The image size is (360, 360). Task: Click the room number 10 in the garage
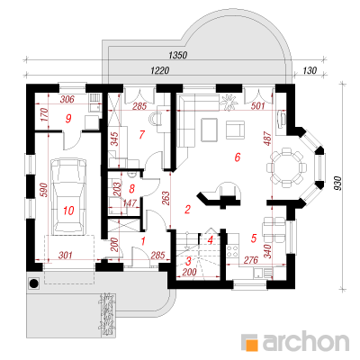pos(68,211)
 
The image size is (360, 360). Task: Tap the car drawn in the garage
pos(68,196)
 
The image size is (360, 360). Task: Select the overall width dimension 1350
pos(178,55)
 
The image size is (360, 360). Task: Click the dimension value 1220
pos(160,70)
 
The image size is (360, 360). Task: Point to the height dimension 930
pos(338,184)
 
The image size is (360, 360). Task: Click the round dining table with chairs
pos(286,167)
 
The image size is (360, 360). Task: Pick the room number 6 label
pos(238,157)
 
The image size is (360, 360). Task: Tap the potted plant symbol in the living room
pos(229,102)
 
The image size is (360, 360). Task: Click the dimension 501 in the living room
pos(258,105)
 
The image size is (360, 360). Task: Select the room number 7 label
pos(142,135)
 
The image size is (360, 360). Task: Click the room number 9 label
pos(68,119)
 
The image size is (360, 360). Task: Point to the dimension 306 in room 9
pos(67,99)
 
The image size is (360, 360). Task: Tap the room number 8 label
pos(131,189)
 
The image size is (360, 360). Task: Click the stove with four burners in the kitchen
pos(233,251)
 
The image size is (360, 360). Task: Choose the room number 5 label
pos(254,238)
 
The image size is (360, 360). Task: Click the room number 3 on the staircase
pos(188,261)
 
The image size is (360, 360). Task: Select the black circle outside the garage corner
pos(33,283)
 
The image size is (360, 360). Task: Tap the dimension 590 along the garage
pos(43,190)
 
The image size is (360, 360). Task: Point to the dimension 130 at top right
pos(310,70)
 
